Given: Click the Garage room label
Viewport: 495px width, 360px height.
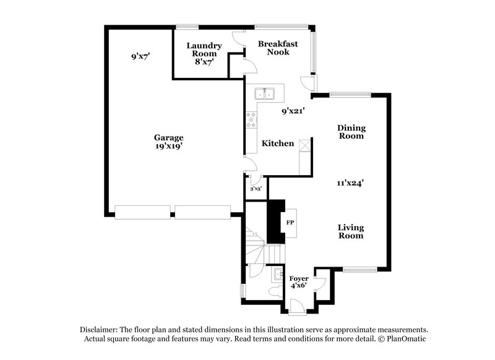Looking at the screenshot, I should (169, 137).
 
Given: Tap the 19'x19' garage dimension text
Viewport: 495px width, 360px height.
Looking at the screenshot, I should (169, 147).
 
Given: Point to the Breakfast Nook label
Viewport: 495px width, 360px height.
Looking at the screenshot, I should (278, 48).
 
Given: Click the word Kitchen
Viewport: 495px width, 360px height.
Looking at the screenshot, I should (278, 144).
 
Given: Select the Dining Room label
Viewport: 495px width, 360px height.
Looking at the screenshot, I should (351, 132).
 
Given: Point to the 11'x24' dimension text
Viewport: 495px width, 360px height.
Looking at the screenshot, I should (350, 182).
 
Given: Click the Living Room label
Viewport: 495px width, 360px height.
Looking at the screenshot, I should (350, 231).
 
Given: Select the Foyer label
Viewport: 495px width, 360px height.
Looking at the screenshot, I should (299, 282).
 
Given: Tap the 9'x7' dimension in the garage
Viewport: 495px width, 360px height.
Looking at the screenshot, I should (141, 56).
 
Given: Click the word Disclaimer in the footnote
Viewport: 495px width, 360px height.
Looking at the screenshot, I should (101, 330).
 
